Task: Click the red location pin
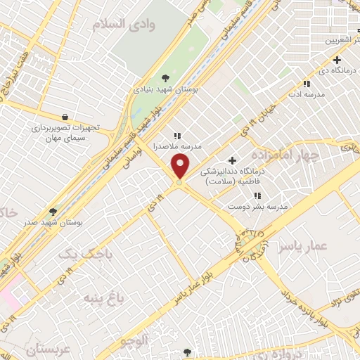(181, 167)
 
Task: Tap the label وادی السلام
(126, 24)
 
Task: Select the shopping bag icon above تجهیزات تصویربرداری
(65, 117)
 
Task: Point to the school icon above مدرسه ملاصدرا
(177, 135)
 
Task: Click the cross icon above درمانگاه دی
(338, 59)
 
